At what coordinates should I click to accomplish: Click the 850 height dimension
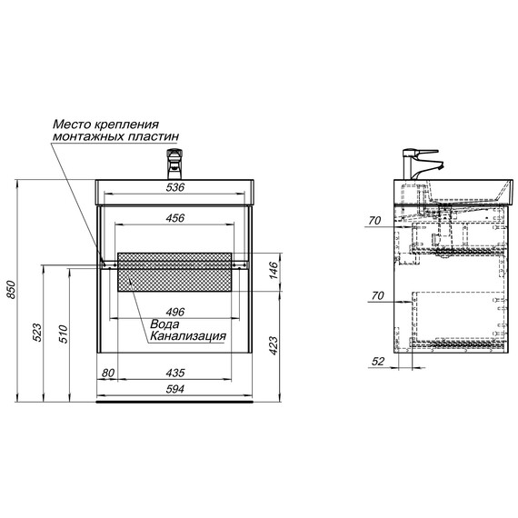click(x=12, y=290)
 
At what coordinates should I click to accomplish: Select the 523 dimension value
click(x=37, y=333)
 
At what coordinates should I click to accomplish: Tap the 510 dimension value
click(x=63, y=334)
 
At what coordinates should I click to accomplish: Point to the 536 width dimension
click(x=174, y=187)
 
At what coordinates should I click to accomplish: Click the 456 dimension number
click(x=175, y=218)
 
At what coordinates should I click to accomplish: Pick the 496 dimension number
click(x=175, y=312)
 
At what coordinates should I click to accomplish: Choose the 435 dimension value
click(x=175, y=373)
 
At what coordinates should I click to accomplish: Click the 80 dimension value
click(x=108, y=373)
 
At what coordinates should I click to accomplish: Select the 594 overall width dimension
click(x=174, y=389)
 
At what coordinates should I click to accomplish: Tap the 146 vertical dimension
click(x=274, y=270)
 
